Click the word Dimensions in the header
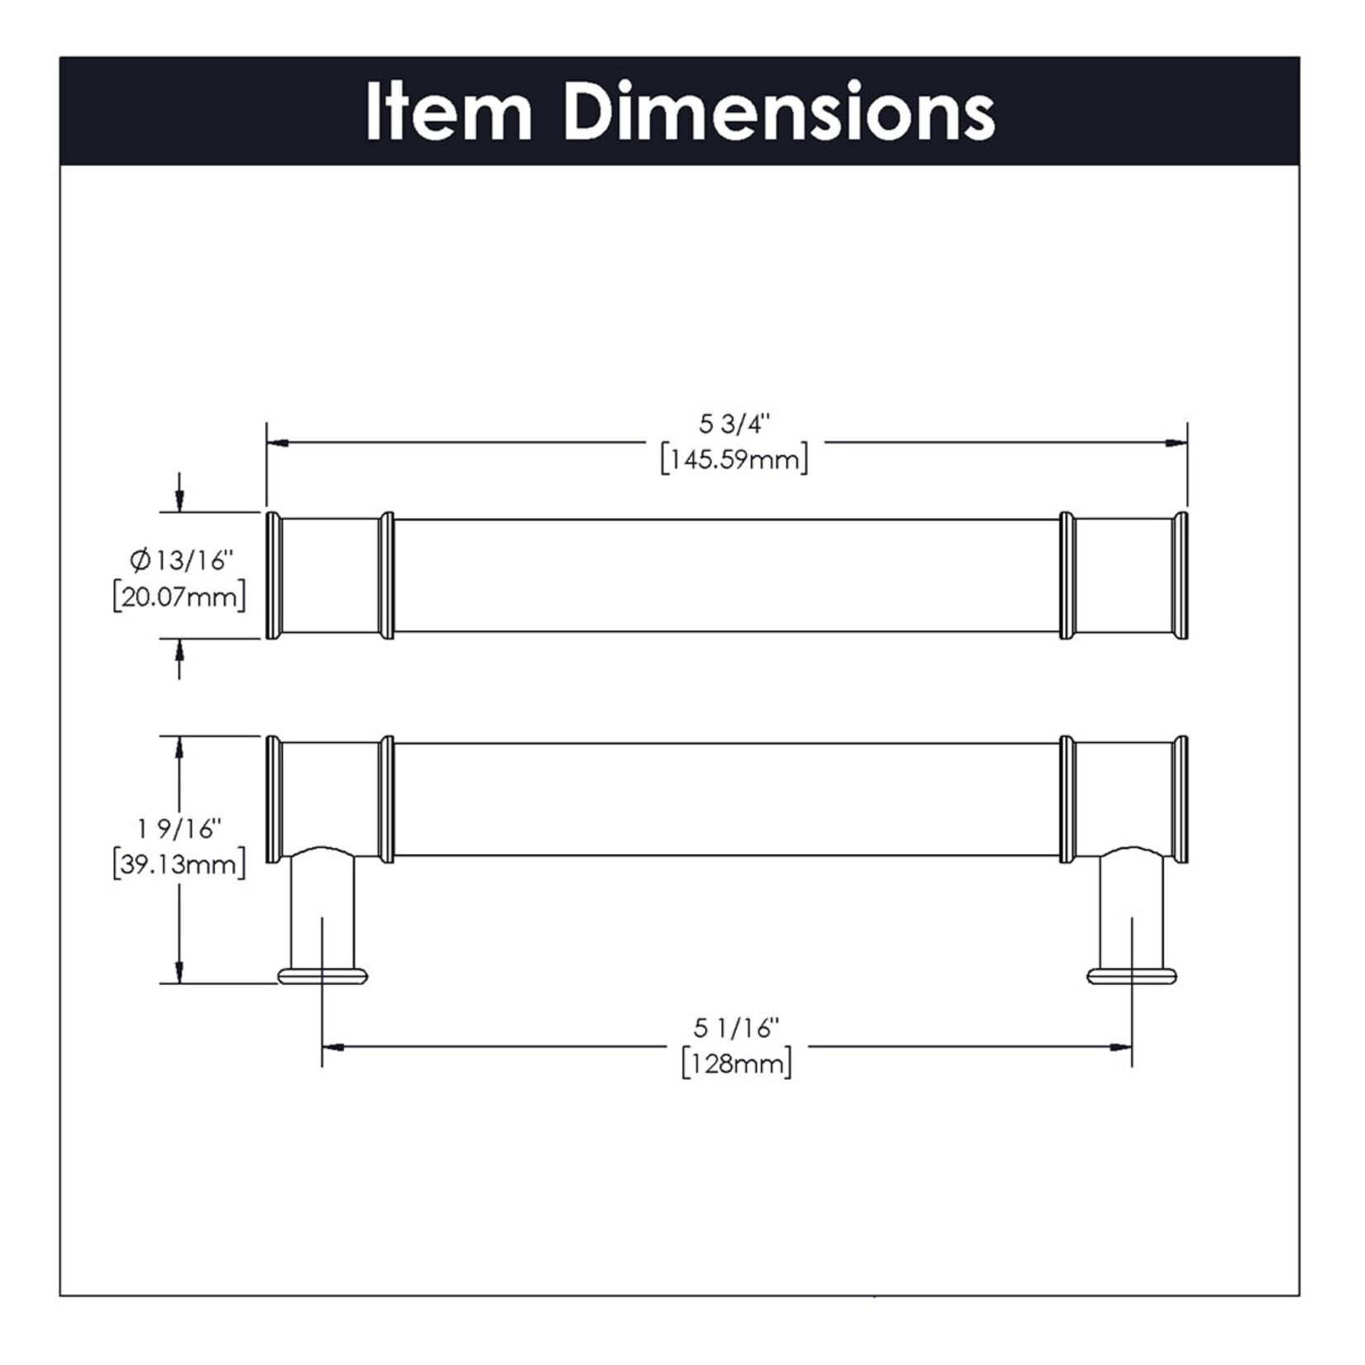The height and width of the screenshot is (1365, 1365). click(779, 112)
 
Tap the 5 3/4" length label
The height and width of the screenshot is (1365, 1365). click(734, 424)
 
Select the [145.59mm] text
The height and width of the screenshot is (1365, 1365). click(734, 459)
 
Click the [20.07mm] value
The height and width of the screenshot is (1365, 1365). click(179, 597)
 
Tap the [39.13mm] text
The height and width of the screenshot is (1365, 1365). click(179, 864)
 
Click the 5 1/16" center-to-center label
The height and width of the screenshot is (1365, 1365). click(736, 1028)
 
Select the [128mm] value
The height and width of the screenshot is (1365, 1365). click(736, 1063)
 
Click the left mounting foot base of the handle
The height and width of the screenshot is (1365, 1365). click(322, 977)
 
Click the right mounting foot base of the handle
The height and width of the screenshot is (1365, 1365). click(1131, 977)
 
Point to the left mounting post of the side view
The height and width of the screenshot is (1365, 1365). click(322, 909)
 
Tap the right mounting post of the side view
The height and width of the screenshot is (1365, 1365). click(1131, 909)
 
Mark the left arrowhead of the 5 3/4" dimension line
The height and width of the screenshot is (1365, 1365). click(278, 444)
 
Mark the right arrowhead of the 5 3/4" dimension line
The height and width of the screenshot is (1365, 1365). click(1177, 444)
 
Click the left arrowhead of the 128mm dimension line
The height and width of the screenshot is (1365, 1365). click(333, 1047)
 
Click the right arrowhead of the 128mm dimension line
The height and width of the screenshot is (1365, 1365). click(1120, 1047)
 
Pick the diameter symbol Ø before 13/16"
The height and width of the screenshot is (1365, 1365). click(140, 561)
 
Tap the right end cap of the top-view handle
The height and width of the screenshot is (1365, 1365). click(1181, 576)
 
